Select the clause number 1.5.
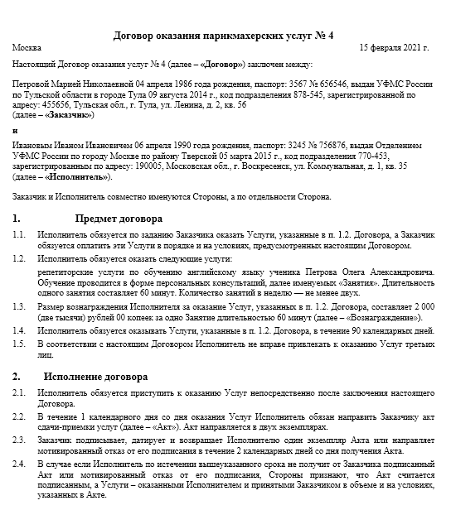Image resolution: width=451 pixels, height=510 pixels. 20,343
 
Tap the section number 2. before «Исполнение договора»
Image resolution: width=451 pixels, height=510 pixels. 17,376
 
